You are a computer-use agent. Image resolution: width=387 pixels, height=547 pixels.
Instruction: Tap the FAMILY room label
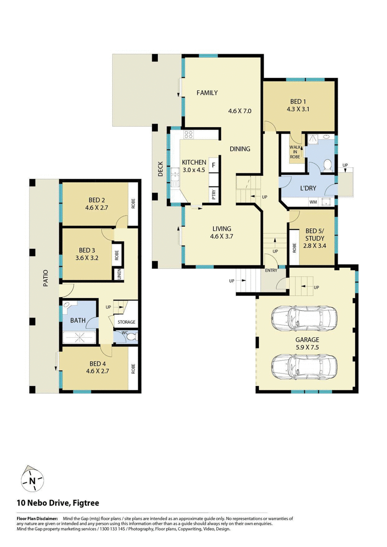click(207, 93)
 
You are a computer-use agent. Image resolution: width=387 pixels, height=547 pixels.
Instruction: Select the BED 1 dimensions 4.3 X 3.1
click(298, 109)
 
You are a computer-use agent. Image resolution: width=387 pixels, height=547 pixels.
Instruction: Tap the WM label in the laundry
click(313, 202)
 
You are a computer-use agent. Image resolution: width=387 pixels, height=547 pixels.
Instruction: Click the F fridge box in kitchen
click(213, 165)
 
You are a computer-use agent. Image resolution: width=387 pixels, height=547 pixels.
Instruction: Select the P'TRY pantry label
click(213, 194)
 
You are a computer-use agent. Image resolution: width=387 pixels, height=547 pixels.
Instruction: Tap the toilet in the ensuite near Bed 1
click(327, 165)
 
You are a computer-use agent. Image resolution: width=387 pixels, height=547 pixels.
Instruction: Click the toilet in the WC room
click(131, 336)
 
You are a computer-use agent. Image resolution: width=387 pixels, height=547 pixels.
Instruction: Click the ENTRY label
click(271, 271)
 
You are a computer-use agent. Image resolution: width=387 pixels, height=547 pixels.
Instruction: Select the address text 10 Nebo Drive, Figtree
click(58, 503)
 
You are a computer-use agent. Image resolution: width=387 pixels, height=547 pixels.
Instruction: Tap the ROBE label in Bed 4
click(134, 369)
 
